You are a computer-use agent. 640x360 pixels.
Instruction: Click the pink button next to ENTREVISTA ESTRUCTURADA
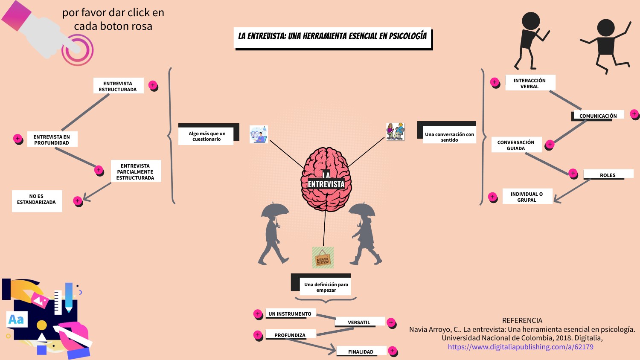tap(153, 85)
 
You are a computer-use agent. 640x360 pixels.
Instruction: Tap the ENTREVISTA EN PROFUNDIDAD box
tap(52, 139)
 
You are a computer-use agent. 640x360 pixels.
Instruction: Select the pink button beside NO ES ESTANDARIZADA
tap(77, 200)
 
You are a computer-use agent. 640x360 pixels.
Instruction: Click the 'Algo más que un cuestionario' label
tap(207, 136)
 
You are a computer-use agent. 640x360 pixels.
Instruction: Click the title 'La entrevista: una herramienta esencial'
tap(332, 36)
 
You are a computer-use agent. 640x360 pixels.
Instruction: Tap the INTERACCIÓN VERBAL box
tap(529, 83)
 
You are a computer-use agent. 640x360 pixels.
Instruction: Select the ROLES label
tap(608, 174)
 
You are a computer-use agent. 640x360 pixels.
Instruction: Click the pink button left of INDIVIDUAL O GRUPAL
tap(492, 197)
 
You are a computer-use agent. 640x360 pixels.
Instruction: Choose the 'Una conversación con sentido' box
tap(449, 136)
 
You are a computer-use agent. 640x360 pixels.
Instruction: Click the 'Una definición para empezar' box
tap(326, 287)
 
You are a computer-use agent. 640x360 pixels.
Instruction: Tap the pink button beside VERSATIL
tap(391, 322)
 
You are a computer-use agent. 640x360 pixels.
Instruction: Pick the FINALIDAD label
tap(361, 351)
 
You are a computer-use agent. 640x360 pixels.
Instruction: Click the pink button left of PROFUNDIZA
tap(257, 335)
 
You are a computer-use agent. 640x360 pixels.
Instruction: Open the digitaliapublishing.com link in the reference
tap(520, 347)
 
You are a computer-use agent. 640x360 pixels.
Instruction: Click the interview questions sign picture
tap(323, 258)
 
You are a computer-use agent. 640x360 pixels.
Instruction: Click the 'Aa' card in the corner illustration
tap(17, 319)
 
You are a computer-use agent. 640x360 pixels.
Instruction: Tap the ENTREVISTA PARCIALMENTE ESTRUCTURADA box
tap(135, 171)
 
